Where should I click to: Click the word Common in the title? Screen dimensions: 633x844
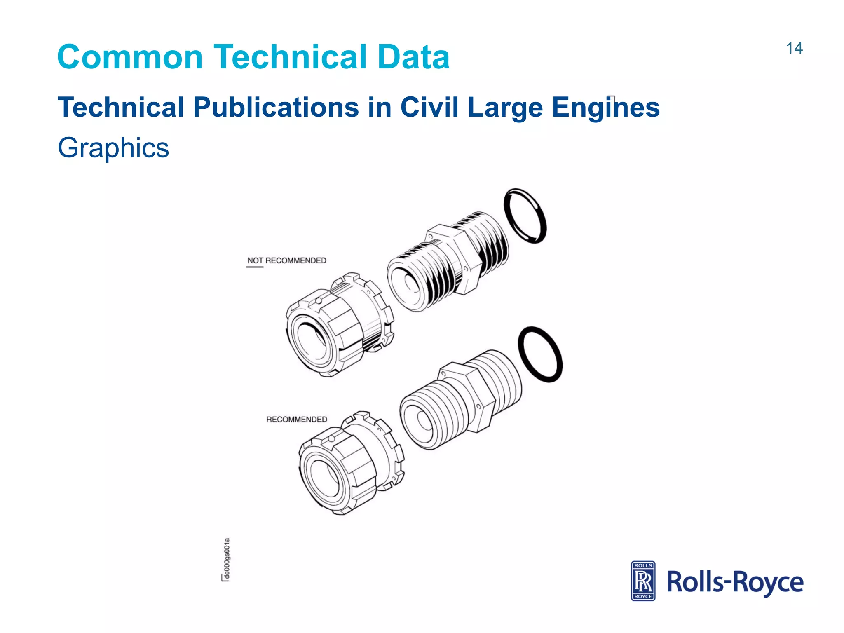click(x=130, y=57)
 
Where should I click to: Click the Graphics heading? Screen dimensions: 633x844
click(x=113, y=148)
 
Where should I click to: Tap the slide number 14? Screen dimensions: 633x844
click(x=794, y=48)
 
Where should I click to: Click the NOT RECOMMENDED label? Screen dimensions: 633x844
click(x=286, y=260)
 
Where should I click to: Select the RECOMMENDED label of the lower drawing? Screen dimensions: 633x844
click(x=296, y=419)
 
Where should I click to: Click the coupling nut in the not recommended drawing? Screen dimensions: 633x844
click(x=338, y=326)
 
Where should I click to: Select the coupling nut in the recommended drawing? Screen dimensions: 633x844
click(x=350, y=464)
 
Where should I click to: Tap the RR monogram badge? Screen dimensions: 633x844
click(x=643, y=581)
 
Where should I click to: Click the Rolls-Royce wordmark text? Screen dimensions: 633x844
click(x=734, y=582)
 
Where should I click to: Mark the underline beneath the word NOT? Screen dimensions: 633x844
click(x=254, y=267)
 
